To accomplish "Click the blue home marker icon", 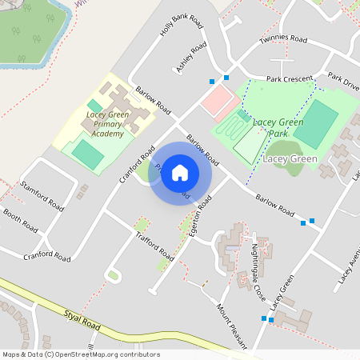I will tap(180, 173).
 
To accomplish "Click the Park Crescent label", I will tap(290, 80).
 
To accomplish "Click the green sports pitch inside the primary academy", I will tap(87, 153).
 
